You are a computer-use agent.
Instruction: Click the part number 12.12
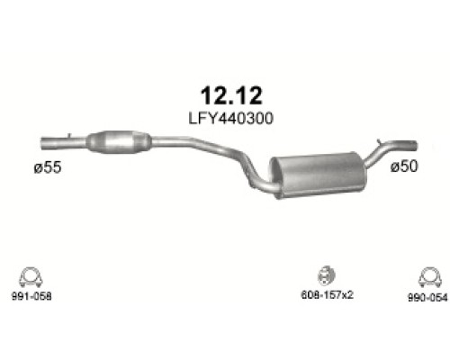tap(231, 95)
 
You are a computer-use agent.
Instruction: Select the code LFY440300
tap(230, 118)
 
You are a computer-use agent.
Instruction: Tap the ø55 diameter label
tap(48, 167)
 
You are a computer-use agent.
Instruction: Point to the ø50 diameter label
tap(404, 166)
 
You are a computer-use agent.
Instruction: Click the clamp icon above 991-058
tap(31, 277)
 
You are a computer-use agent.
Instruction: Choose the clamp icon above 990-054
tap(429, 277)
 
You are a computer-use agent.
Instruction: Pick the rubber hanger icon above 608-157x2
tap(327, 275)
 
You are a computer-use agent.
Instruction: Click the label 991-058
tap(31, 296)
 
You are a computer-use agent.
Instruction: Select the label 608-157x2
tap(327, 295)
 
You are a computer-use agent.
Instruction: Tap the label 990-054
tap(427, 297)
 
